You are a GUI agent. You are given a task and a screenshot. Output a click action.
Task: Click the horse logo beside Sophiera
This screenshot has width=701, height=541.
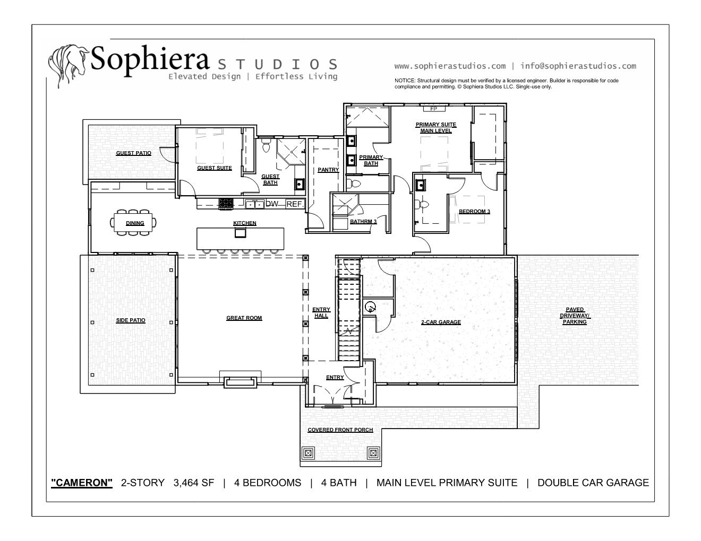tap(68, 65)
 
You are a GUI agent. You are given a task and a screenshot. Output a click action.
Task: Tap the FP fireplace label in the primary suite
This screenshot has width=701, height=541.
tap(433, 109)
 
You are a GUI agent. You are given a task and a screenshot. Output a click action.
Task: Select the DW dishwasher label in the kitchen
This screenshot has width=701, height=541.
tap(271, 204)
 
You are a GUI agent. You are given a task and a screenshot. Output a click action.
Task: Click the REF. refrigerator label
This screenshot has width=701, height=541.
tap(295, 204)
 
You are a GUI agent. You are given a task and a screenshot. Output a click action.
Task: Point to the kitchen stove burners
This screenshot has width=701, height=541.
tap(226, 204)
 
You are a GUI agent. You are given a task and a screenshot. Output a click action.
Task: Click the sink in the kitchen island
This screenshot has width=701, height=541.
tap(240, 233)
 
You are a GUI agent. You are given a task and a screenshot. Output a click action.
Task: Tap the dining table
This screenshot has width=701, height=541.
tap(133, 222)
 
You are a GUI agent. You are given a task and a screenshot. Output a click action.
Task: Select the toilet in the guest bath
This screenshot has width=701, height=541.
tap(266, 145)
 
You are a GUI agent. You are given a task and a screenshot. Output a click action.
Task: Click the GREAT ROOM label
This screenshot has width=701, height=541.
tap(244, 318)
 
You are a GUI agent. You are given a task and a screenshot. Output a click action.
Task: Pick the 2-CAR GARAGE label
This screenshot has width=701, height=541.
tap(441, 322)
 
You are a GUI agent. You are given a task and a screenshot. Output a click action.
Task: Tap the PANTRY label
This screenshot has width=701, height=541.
tap(328, 170)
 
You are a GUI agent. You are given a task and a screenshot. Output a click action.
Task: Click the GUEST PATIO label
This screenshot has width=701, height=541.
tap(133, 153)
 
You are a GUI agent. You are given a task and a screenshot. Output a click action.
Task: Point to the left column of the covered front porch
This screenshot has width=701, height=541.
tap(308, 453)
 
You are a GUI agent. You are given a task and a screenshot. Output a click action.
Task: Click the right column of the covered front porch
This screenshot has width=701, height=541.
tap(373, 453)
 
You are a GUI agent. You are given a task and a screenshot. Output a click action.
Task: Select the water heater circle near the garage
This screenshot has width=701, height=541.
tap(370, 307)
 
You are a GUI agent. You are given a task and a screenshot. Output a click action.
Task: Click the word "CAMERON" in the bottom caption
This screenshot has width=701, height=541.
tap(82, 483)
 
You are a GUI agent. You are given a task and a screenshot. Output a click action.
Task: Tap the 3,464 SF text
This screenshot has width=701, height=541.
tap(193, 483)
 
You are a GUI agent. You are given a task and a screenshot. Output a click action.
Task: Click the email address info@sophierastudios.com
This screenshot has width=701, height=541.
tap(578, 66)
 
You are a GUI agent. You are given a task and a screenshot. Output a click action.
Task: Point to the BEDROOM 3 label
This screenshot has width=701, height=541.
tap(474, 212)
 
